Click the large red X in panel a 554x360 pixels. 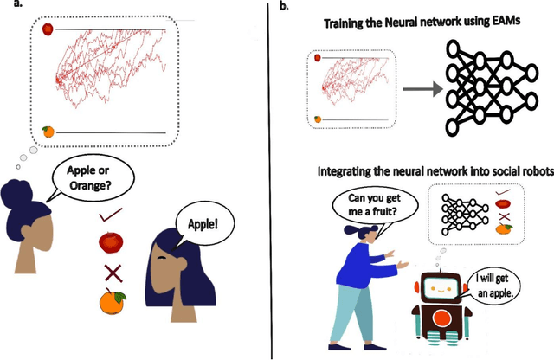[112, 273]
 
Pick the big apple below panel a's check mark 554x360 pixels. [112, 243]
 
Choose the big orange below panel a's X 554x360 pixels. [113, 303]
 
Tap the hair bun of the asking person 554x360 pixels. [19, 188]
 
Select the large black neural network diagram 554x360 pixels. [488, 88]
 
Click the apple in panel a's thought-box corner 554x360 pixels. [48, 29]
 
